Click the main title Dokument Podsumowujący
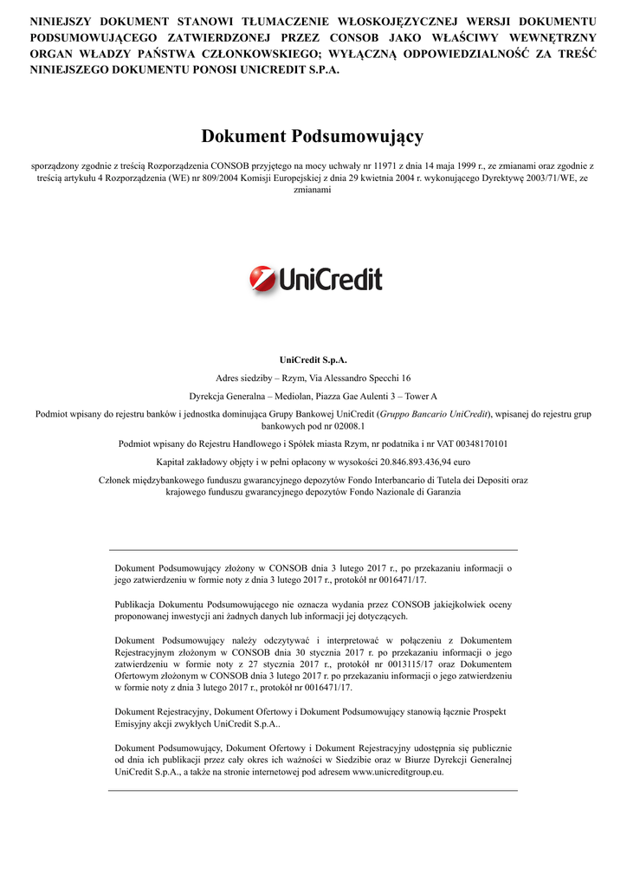[x=313, y=136]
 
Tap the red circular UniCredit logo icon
[x=262, y=279]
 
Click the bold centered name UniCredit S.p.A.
[x=313, y=359]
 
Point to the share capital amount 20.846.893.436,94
[x=408, y=462]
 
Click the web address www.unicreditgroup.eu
[x=398, y=772]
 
